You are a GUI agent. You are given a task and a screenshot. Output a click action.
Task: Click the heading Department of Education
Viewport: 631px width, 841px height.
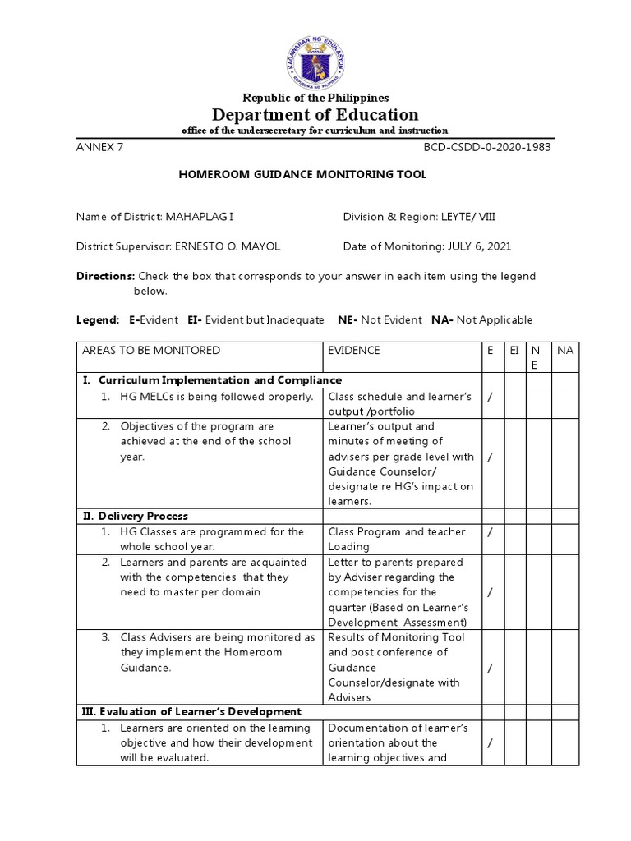[x=315, y=114]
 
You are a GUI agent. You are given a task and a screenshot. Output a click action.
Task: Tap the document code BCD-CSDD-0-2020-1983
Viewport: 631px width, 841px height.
[x=487, y=148]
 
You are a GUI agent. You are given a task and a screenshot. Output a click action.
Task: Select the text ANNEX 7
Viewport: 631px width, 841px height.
[x=99, y=148]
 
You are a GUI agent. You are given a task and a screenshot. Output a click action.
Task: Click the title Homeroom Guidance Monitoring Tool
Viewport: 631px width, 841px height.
[x=303, y=175]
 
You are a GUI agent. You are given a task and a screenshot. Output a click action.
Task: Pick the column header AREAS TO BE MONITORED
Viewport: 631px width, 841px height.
[x=150, y=350]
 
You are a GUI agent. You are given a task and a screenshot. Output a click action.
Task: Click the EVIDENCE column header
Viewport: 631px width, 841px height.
[x=354, y=350]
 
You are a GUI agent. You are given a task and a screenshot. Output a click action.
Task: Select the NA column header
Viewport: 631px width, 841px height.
[x=564, y=350]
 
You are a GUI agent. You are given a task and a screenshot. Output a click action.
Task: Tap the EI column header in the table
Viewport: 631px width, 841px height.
[x=514, y=350]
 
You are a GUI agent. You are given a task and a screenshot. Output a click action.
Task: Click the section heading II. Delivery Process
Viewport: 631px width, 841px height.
[x=135, y=516]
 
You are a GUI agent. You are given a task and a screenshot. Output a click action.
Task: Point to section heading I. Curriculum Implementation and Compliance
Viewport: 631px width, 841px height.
[x=211, y=380]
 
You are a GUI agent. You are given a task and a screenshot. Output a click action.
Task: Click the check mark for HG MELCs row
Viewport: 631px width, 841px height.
[x=490, y=397]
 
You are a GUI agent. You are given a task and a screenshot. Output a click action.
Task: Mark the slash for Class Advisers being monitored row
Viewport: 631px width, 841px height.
[x=490, y=668]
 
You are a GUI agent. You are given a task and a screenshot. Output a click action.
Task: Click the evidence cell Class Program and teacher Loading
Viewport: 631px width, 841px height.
[x=396, y=539]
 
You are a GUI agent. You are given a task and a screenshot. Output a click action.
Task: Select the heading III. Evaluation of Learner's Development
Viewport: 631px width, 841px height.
[x=191, y=711]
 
